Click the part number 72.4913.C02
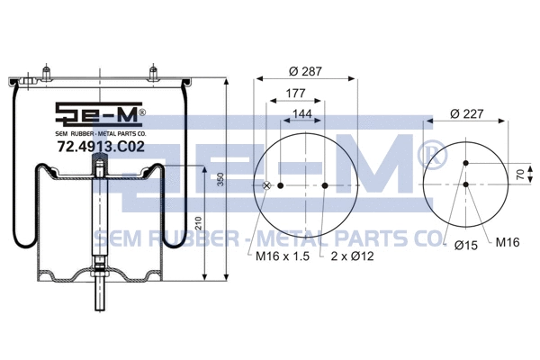100,146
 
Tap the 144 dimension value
302,115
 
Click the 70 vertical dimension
520,173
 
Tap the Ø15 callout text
465,245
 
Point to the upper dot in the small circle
466,163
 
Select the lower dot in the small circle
466,184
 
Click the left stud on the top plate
42,71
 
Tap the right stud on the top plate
155,71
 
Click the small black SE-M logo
99,114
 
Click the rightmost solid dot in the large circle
324,186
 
